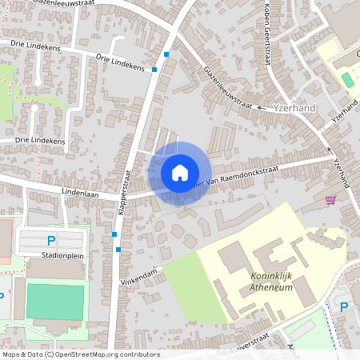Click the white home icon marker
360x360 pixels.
[180, 173]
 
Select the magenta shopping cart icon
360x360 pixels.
[330, 199]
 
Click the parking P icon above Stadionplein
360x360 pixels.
[51, 240]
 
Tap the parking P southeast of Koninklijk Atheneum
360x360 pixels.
[345, 307]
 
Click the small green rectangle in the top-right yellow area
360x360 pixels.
[346, 81]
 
